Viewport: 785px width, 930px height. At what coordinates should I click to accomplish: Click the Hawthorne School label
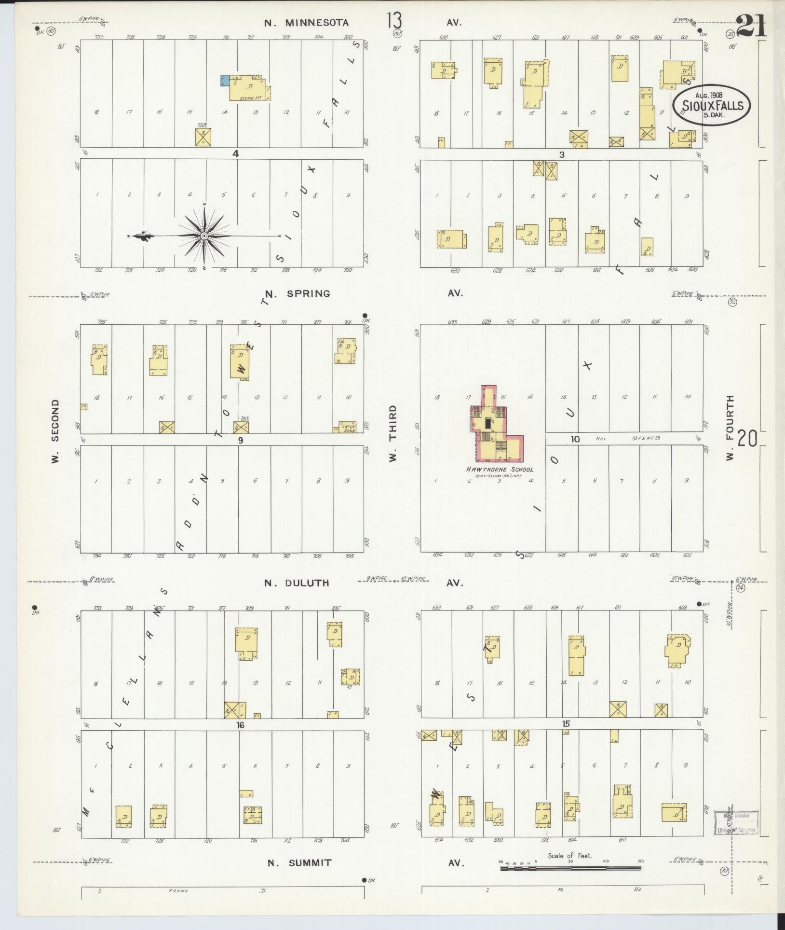click(x=499, y=469)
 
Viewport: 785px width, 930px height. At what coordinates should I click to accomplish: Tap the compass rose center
click(x=204, y=236)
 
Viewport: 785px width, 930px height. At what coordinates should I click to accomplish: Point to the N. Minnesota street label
click(x=306, y=22)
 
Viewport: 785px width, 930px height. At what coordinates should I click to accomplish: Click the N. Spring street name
click(x=298, y=293)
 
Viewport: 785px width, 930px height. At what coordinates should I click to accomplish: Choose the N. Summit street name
click(x=299, y=863)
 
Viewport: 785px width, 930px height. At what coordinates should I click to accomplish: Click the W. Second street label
click(x=55, y=431)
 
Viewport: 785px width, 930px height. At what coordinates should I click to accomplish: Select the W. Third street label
click(x=392, y=433)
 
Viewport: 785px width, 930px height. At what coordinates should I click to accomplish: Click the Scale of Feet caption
click(x=569, y=856)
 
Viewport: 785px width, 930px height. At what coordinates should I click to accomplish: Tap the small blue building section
click(x=224, y=81)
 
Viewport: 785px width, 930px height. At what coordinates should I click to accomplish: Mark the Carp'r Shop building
click(x=348, y=428)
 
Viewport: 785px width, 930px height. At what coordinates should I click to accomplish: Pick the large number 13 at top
click(x=393, y=21)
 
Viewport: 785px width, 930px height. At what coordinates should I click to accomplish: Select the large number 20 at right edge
click(x=747, y=439)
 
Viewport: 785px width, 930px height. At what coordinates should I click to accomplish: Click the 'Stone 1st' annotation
click(x=251, y=98)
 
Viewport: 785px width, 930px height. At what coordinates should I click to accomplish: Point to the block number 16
click(x=241, y=725)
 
